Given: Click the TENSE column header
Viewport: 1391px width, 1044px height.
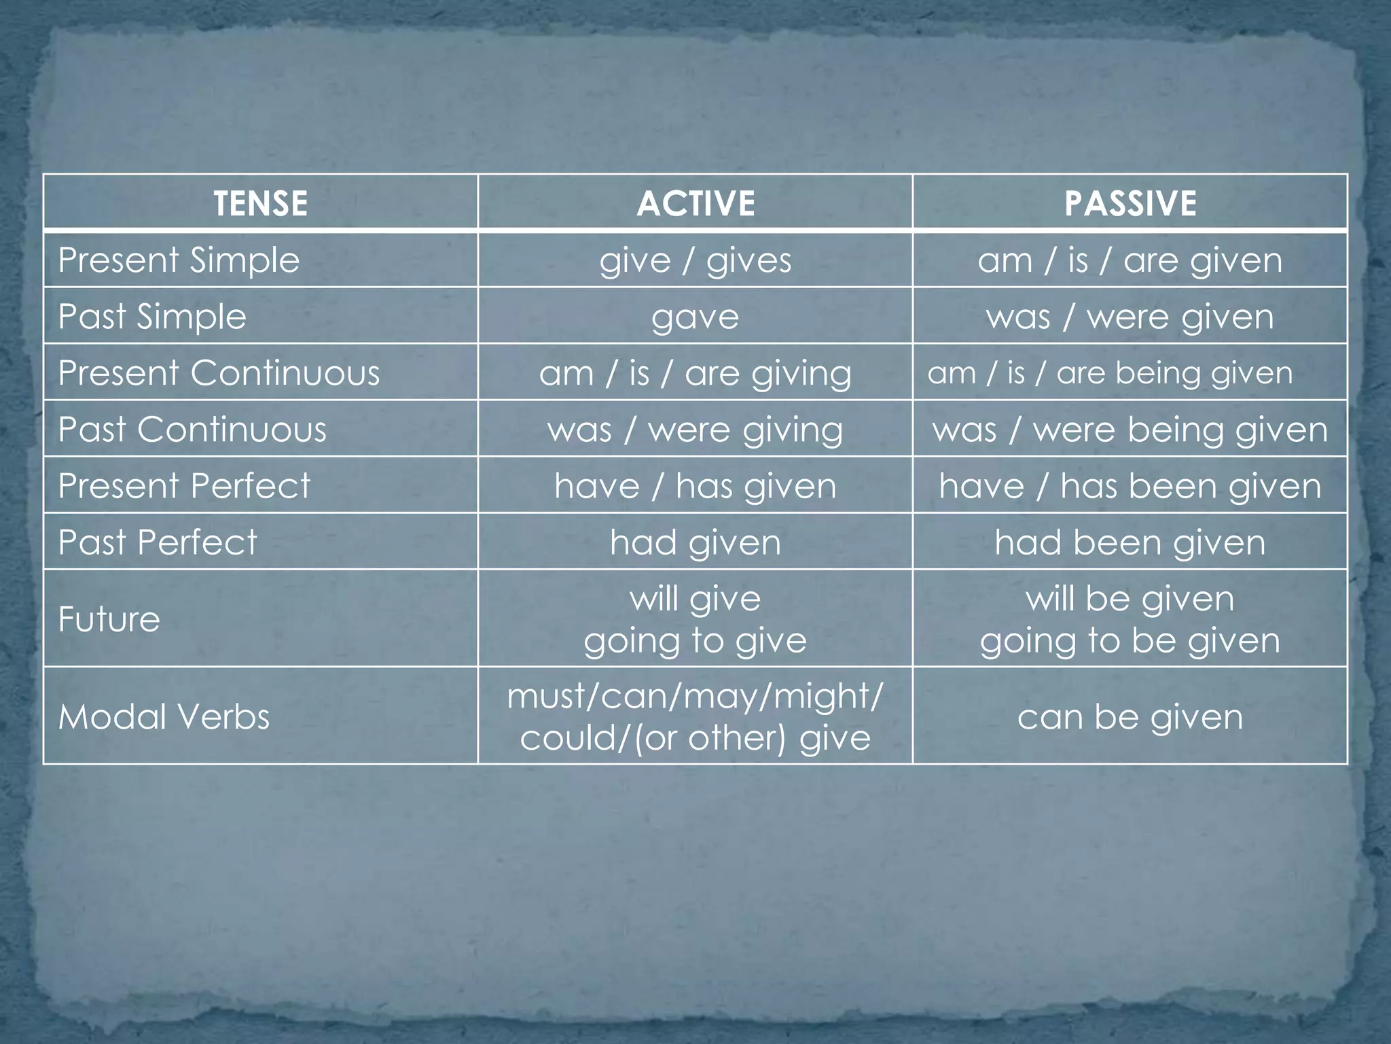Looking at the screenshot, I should [x=260, y=203].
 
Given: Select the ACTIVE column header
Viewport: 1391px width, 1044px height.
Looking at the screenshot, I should [x=695, y=203].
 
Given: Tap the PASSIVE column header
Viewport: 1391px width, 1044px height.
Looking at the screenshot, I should [x=1130, y=203].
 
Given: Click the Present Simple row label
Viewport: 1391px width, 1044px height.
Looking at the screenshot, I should [x=179, y=260].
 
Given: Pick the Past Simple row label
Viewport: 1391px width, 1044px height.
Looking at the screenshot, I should [x=152, y=317].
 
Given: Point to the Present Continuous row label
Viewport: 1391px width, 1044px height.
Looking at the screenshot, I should [x=219, y=373].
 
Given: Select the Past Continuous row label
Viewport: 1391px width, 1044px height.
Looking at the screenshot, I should [x=192, y=430].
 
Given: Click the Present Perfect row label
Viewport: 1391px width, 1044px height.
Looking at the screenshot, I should [x=184, y=486].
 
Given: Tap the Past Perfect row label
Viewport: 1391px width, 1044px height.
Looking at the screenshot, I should [x=158, y=542].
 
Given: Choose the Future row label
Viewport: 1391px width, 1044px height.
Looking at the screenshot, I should [x=109, y=619].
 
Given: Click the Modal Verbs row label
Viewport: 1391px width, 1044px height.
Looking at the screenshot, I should [x=164, y=716].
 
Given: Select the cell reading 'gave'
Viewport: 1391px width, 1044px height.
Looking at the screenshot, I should [x=695, y=317].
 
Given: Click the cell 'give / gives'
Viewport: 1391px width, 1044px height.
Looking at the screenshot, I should [x=695, y=260].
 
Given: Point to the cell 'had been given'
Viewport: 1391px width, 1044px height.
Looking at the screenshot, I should [x=1130, y=542].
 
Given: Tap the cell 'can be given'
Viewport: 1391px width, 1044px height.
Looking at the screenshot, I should [x=1130, y=716].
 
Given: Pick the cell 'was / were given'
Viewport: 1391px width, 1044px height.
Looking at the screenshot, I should [x=1130, y=317].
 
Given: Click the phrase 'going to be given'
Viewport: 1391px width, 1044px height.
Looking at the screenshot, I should [x=1130, y=640].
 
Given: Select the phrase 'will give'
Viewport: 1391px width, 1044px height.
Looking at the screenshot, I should [x=695, y=598].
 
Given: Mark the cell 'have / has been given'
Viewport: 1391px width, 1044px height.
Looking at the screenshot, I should [x=1130, y=486].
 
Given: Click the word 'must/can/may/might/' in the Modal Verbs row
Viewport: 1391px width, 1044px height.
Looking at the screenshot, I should [x=695, y=695].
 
